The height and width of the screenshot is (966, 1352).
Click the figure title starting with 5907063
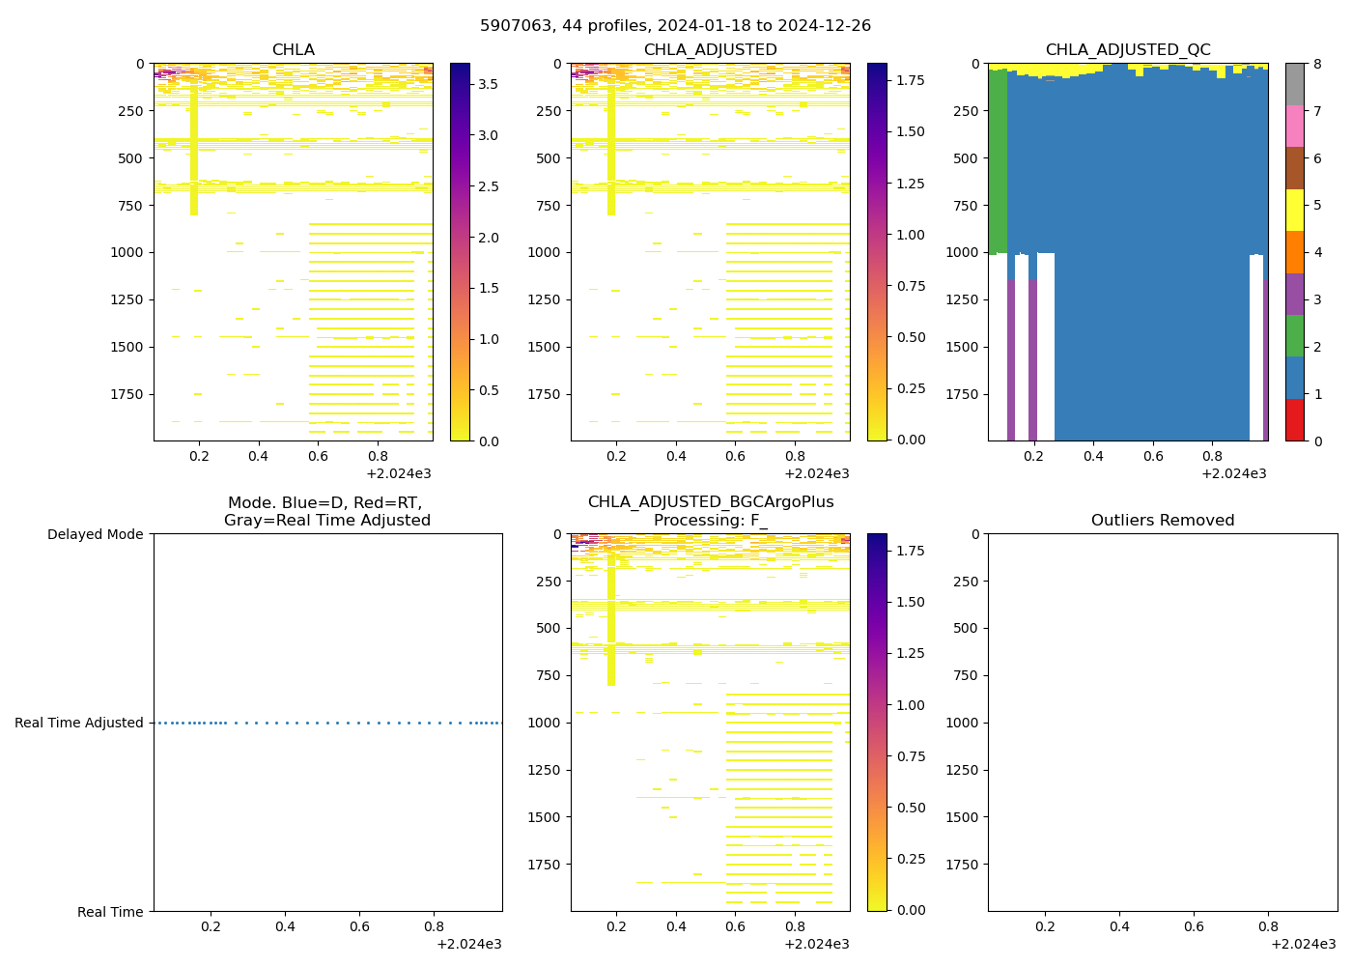(675, 26)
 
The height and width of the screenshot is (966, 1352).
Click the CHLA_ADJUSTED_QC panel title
(1127, 50)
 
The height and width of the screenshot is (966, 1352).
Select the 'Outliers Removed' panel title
(1162, 521)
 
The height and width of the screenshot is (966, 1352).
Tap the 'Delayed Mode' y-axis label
(95, 534)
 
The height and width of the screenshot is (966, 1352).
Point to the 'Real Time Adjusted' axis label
(79, 723)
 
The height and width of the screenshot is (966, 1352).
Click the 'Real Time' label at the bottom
(110, 912)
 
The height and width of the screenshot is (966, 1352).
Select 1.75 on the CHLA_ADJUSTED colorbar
(909, 80)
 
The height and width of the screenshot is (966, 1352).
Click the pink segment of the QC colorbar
(1294, 126)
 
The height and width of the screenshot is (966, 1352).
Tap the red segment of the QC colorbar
(1294, 420)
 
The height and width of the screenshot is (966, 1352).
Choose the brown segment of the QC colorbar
(1294, 168)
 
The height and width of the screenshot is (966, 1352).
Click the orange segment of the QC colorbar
(1294, 252)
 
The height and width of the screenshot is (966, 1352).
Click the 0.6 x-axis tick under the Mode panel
(359, 926)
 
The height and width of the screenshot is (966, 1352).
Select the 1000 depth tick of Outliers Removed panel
(964, 723)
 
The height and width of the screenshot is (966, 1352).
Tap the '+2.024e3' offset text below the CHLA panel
(399, 473)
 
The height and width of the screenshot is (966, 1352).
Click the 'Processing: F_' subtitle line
(710, 521)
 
